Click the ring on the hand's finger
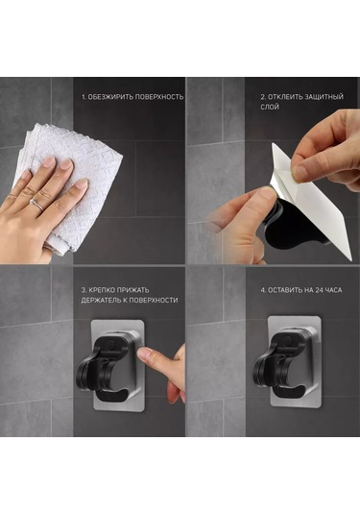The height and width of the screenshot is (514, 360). pyautogui.click(x=36, y=205)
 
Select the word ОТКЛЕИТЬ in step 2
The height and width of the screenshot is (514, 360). pyautogui.click(x=285, y=97)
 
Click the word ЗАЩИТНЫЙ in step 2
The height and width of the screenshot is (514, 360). pyautogui.click(x=324, y=97)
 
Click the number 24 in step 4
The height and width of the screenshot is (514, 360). pyautogui.click(x=320, y=290)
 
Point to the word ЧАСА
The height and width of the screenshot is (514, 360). pyautogui.click(x=334, y=290)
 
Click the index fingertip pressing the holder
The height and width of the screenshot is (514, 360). pyautogui.click(x=143, y=354)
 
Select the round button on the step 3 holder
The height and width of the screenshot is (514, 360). pyautogui.click(x=111, y=344)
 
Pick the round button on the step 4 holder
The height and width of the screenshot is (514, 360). pyautogui.click(x=288, y=339)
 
